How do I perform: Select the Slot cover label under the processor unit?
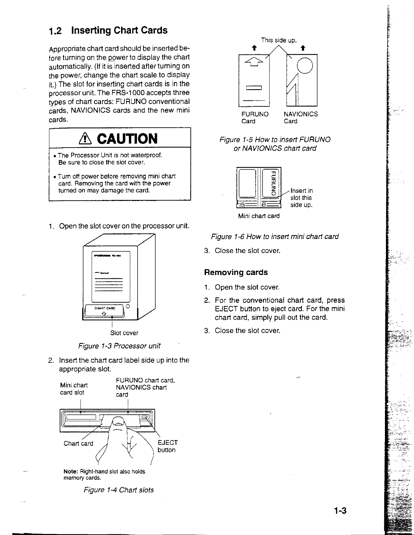pos(124,333)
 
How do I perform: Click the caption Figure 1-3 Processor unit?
pos(119,346)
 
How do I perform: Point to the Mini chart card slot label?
pos(74,389)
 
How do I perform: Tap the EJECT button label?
pos(167,446)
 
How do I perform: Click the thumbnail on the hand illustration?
pos(118,421)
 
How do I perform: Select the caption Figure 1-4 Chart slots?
pos(118,490)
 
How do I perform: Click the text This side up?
pos(279,41)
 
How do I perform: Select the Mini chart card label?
pos(259,216)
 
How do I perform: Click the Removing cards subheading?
pos(236,272)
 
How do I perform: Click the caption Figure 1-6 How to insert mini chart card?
pos(275,237)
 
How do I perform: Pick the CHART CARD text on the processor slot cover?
pos(105,308)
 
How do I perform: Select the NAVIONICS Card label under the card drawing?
pos(301,118)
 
